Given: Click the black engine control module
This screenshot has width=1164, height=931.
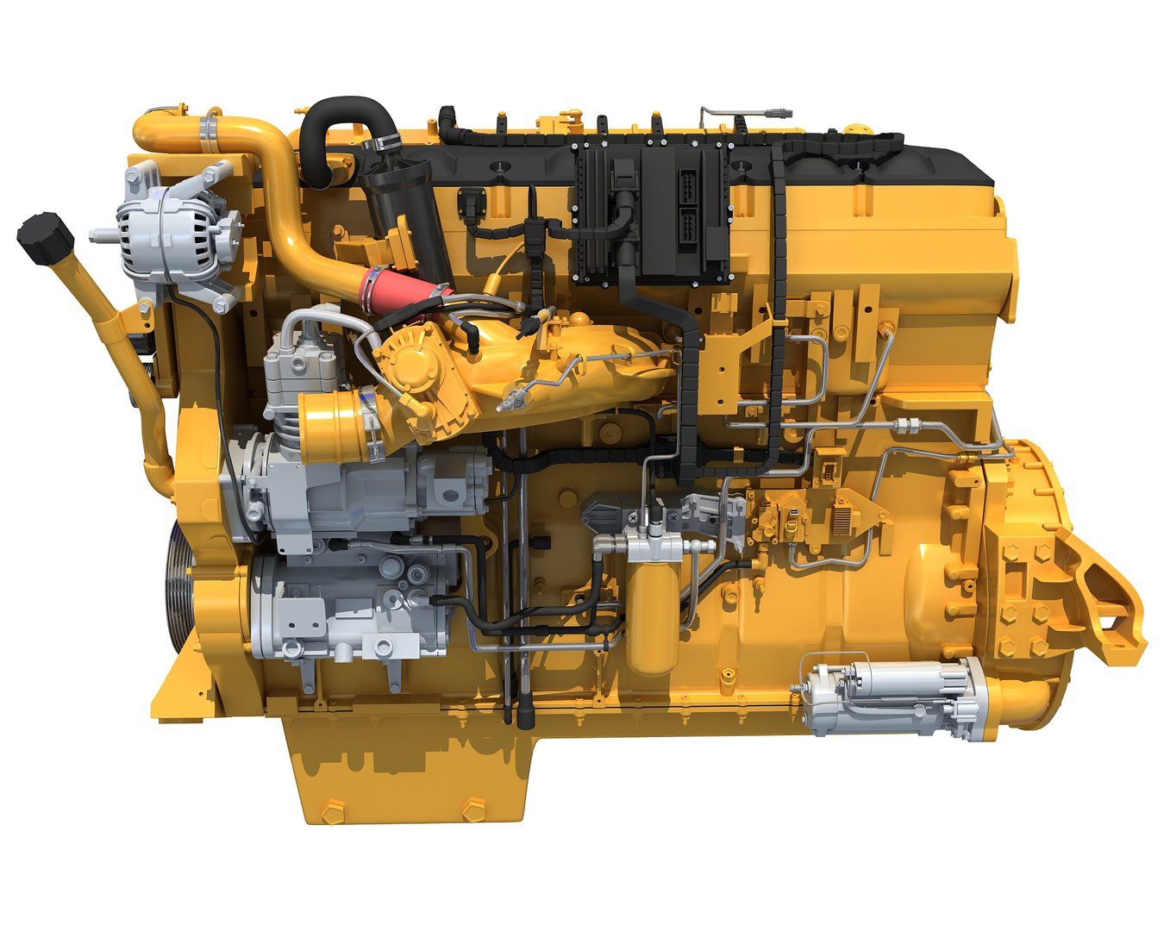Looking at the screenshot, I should point(651,212).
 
